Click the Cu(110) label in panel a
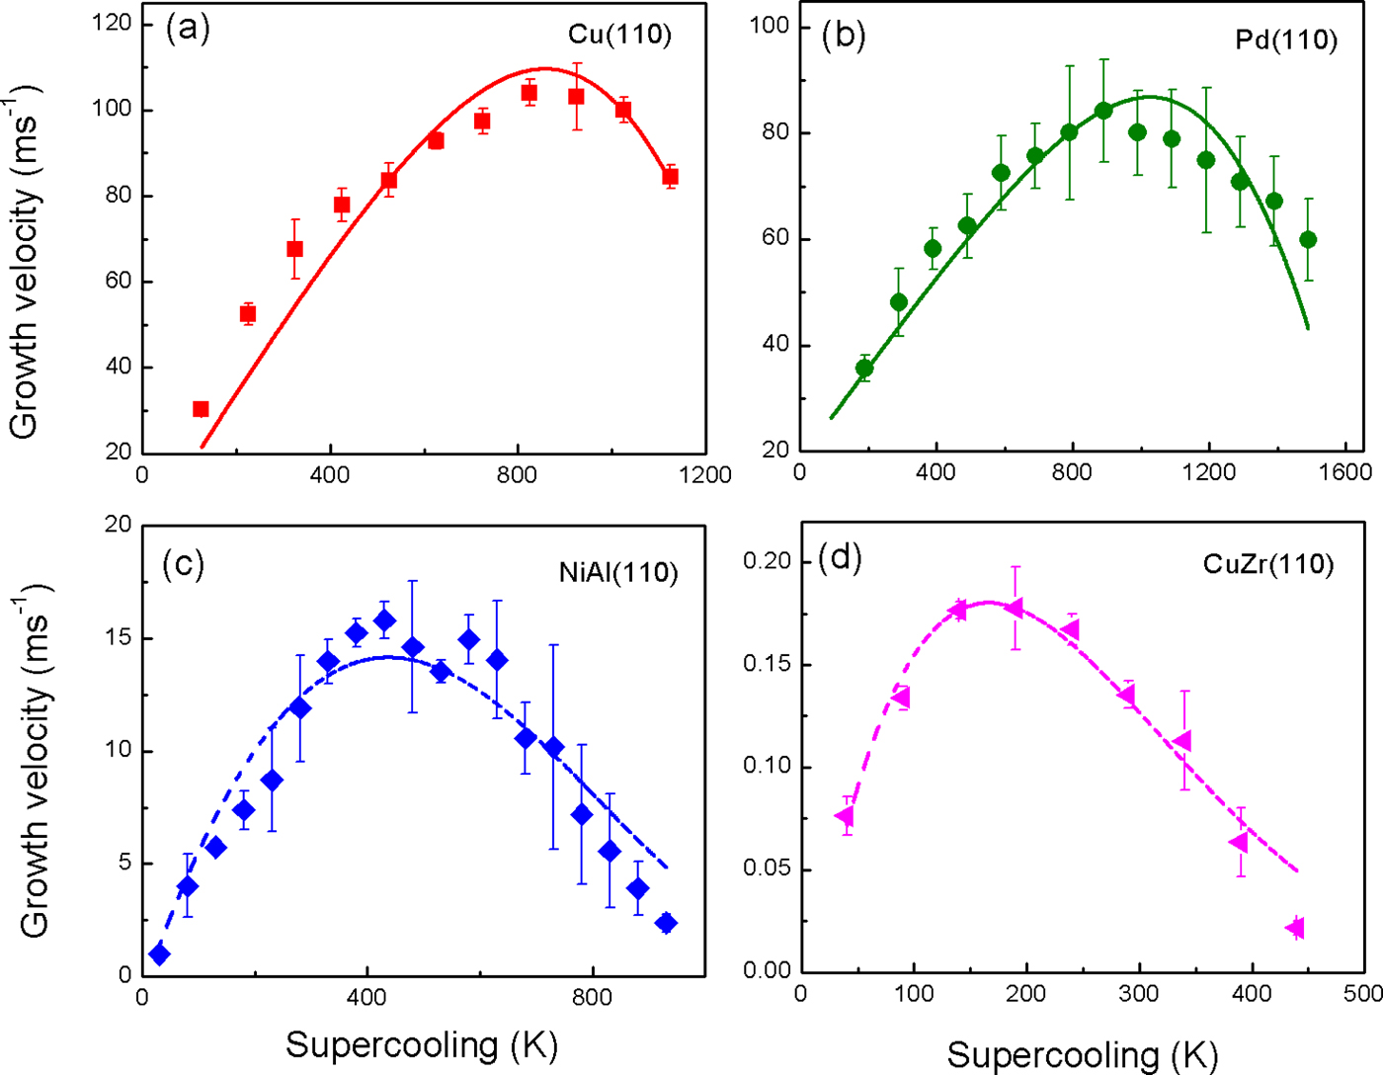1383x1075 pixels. pos(619,35)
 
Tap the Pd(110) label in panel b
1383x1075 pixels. pos(1286,40)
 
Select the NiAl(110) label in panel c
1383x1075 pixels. pos(618,573)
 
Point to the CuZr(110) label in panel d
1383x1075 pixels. pos(1268,564)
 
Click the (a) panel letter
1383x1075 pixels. pos(188,29)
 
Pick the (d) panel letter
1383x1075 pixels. pos(842,558)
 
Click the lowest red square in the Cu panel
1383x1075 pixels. pos(201,409)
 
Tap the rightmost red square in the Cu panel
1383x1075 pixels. pos(670,178)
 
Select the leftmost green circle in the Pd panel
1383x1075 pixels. pos(864,369)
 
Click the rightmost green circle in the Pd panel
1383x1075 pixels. pos(1308,239)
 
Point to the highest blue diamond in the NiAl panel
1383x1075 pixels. pos(385,620)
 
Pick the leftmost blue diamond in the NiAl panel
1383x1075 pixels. pos(159,954)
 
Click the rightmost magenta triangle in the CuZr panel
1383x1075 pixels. pos(1295,928)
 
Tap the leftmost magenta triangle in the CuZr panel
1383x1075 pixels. pos(845,816)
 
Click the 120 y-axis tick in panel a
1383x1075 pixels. pos(112,23)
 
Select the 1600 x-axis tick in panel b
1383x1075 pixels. pos(1344,472)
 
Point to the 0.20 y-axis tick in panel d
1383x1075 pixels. pos(767,561)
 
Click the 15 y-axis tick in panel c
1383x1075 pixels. pos(119,638)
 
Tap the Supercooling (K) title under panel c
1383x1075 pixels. pos(422,1044)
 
